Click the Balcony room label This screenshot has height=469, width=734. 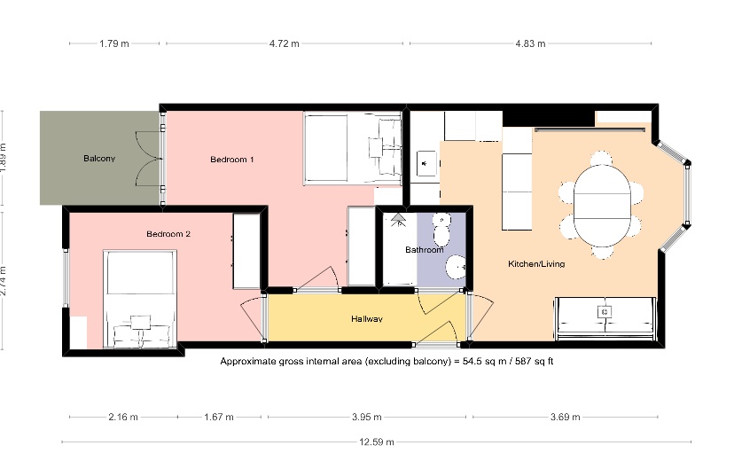99,159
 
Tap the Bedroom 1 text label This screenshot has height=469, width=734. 232,160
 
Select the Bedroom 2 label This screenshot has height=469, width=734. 168,234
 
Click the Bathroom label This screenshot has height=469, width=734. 424,250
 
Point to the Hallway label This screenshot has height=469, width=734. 366,319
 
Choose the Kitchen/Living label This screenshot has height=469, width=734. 535,264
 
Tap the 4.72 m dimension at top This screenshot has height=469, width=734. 285,43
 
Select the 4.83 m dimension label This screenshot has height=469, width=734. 530,43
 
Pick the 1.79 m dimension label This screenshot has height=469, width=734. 115,43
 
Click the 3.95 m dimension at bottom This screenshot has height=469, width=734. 366,417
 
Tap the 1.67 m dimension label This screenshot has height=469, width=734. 218,417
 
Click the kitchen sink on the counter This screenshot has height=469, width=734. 426,163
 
